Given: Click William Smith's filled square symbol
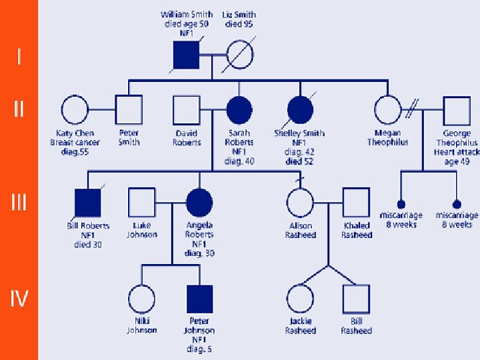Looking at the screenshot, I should pos(187,54).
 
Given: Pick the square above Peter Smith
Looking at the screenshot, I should pos(129,109).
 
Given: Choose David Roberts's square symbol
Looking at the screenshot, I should pos(187,109).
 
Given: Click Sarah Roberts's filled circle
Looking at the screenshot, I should pos(239,109).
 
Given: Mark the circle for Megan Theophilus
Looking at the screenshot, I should pos(387,109).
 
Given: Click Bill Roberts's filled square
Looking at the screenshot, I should pos(88,203).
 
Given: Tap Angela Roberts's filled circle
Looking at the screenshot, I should pos(199,203).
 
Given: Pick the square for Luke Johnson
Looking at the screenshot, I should pos(141,203).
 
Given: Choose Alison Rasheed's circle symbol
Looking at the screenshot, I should pos(300,203).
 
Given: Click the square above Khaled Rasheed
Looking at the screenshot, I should pos(356,203).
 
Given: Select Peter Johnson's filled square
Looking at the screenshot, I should pos(199,298).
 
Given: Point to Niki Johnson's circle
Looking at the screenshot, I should pos(141,298).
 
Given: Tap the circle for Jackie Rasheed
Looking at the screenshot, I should pos(300,298).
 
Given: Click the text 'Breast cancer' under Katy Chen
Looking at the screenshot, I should pos(75,143).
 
